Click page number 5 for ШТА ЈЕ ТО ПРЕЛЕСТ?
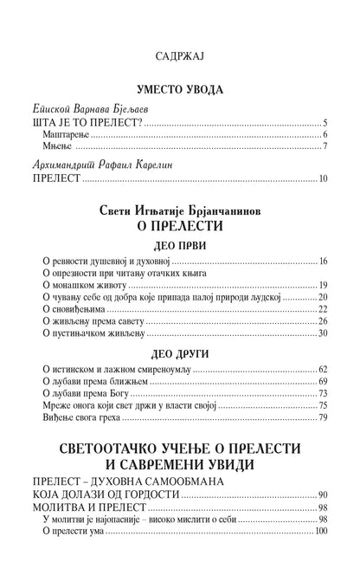pos(323,122)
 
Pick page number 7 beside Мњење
pos(323,148)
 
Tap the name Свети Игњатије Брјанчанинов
pos(180,212)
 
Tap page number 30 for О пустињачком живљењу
pos(321,332)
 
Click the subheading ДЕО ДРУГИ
pos(180,353)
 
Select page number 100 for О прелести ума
pos(318,531)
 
